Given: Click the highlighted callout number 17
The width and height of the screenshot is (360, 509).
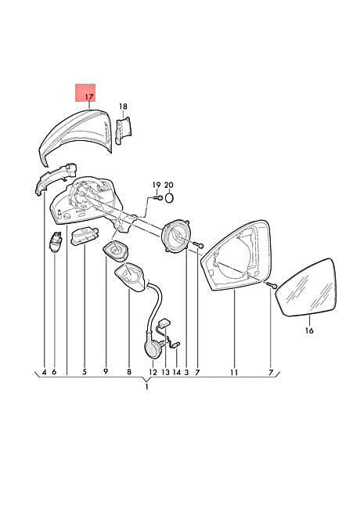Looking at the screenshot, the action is coord(89,97).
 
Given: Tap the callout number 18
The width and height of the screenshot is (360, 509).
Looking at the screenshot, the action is coord(123,106).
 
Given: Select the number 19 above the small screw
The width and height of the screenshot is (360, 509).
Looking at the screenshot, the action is coord(157,185).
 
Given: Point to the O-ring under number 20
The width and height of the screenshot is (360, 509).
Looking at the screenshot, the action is coord(169,197).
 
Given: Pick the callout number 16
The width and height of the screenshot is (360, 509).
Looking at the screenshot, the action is coord(309,330).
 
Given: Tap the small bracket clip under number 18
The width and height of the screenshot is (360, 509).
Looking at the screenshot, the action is coord(124,130).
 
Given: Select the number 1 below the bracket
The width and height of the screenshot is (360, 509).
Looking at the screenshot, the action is coord(146,386).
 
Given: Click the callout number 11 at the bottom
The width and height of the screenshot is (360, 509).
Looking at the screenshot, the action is coord(234,372).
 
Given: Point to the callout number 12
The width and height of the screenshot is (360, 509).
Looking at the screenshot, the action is coord(153,372).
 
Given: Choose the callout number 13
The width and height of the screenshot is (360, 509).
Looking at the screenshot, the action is coord(165,372).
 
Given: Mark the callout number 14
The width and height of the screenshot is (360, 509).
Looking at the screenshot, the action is coord(176,372).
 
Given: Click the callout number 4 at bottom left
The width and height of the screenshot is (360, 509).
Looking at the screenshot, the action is coord(44,372).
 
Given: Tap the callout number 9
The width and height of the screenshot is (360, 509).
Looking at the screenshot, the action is coord(106,372).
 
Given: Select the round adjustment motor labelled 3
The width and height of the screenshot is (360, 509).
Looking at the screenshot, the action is coord(176,234).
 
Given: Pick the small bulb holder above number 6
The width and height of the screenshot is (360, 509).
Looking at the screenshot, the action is coord(56,242).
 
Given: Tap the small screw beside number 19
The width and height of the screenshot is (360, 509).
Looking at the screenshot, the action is coord(158,197).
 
